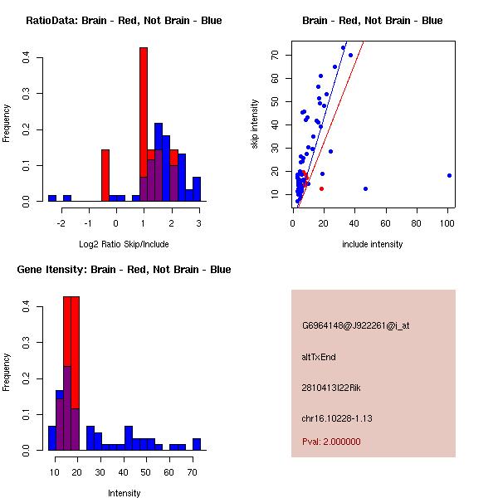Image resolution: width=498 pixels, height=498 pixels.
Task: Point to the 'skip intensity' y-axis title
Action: coord(255,124)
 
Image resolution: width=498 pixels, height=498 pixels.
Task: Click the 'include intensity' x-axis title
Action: coord(373,244)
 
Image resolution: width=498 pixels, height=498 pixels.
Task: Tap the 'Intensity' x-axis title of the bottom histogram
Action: coord(124,493)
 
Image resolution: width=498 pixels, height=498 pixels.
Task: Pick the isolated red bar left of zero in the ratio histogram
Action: coord(105,174)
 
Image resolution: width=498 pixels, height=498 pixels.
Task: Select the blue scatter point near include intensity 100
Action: coord(449,175)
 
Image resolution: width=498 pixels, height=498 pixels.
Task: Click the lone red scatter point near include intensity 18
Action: coord(321,188)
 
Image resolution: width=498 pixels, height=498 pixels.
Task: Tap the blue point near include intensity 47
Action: coord(365,188)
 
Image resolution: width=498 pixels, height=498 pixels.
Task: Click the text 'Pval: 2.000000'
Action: coord(331,442)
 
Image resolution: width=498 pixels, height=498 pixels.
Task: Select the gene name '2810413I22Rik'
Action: coord(331,388)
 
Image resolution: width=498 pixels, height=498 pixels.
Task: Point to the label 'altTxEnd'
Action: coord(319,357)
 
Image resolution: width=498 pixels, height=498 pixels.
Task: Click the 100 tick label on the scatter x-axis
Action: coord(447,222)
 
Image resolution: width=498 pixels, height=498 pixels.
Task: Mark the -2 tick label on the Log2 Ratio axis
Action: coord(60,222)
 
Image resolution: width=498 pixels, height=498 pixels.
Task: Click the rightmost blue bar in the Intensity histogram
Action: coord(197,444)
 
